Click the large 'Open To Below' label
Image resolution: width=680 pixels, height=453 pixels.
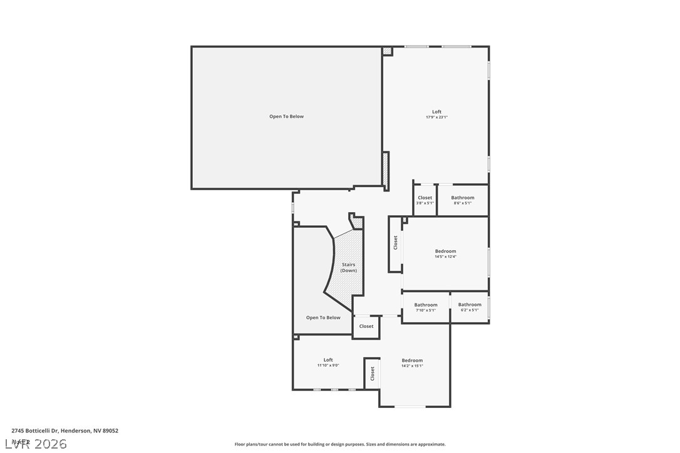tap(286, 116)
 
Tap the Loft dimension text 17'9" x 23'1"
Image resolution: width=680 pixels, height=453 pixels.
tap(436, 117)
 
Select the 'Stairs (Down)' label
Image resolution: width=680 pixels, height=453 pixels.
tap(348, 267)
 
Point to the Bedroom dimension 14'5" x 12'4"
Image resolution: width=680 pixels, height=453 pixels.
tap(445, 257)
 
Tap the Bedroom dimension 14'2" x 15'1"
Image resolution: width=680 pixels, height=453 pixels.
tap(412, 365)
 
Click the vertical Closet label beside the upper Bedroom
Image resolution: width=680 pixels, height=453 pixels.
tap(395, 243)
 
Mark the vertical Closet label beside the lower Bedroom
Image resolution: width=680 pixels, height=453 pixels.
tap(372, 374)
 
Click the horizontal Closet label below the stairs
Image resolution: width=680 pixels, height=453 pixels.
tap(366, 326)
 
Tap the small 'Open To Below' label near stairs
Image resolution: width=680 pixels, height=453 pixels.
tap(323, 318)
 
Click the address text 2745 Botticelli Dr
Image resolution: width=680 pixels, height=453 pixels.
tap(64, 430)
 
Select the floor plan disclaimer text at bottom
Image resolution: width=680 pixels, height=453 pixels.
tap(340, 444)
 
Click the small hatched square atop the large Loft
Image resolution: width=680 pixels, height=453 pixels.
tap(388, 51)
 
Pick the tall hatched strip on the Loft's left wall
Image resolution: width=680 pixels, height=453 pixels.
tap(386, 170)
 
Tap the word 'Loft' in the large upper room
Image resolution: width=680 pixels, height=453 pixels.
tap(436, 112)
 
